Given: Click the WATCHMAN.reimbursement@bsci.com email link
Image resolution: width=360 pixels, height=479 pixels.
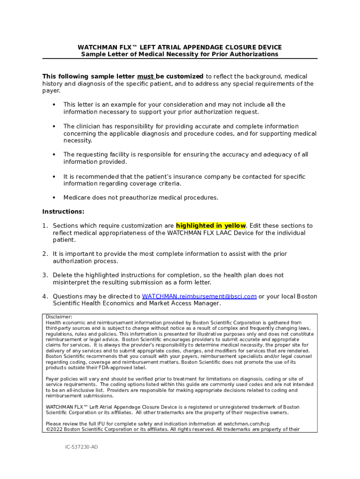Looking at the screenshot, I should [x=199, y=297].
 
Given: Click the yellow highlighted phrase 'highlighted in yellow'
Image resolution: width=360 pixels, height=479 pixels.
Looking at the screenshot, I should [x=211, y=226].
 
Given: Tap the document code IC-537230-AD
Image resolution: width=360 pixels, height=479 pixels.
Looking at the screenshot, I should [x=81, y=447].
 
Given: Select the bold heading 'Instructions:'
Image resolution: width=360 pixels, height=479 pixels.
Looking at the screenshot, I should [x=63, y=212].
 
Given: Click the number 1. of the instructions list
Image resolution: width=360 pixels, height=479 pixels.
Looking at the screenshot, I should [x=45, y=226].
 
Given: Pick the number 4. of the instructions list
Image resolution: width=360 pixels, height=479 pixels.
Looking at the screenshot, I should [x=45, y=297].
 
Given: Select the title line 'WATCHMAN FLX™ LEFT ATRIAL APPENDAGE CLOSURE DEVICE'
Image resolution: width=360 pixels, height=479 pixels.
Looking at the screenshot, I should [x=180, y=47].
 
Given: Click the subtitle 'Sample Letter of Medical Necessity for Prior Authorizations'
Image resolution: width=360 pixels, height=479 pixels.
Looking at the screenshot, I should [x=180, y=54].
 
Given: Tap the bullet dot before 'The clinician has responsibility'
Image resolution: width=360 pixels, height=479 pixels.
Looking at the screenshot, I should [x=54, y=127].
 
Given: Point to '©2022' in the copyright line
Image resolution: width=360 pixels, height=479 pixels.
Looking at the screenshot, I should [x=54, y=429].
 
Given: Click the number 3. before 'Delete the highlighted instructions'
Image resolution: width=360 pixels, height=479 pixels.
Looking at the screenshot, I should [x=45, y=276].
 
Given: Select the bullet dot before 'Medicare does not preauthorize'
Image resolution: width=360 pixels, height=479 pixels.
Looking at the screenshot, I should [x=54, y=198].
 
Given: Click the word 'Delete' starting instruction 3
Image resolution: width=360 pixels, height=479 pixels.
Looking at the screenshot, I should [x=62, y=276].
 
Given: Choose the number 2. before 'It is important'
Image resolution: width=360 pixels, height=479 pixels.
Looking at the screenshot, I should [x=45, y=254].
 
